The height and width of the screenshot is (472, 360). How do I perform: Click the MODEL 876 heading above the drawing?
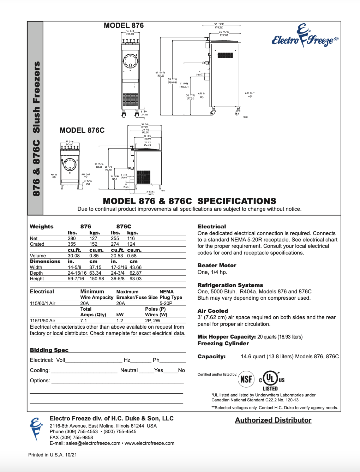(x=124, y=25)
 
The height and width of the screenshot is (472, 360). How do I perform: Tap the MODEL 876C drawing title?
(x=82, y=130)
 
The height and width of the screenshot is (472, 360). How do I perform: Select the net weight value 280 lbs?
(x=72, y=238)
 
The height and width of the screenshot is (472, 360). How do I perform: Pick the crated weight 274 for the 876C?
(x=115, y=244)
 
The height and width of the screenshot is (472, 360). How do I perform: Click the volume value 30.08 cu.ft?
(x=74, y=256)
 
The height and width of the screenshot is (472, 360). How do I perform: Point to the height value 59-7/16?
(x=76, y=279)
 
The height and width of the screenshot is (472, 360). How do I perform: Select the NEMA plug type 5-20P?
(x=166, y=303)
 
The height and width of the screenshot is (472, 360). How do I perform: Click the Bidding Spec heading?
(x=49, y=350)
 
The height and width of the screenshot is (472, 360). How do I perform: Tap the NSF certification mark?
(x=246, y=379)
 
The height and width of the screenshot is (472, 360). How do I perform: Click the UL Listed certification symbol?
(x=271, y=380)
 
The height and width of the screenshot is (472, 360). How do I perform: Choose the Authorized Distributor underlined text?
(x=273, y=420)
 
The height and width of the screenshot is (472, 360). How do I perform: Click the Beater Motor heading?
(x=217, y=265)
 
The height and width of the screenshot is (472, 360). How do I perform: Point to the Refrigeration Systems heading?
(x=230, y=285)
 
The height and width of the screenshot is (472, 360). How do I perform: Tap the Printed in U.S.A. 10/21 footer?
(x=53, y=455)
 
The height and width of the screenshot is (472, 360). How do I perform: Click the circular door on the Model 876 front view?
(x=131, y=61)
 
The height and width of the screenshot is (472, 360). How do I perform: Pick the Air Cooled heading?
(x=213, y=311)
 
